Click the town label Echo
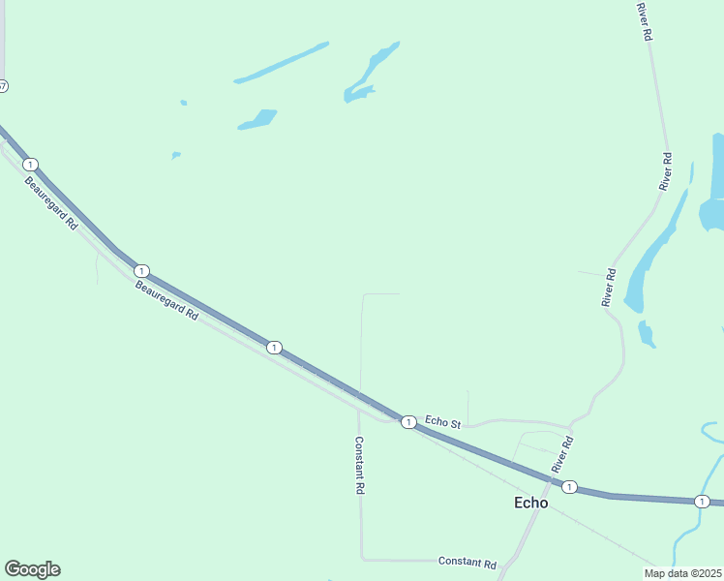click(x=530, y=503)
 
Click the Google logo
click(x=32, y=569)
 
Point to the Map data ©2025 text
click(x=682, y=573)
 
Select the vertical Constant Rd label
click(x=358, y=466)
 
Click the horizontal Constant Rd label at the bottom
click(x=467, y=563)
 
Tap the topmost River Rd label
click(x=644, y=21)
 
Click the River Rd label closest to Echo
click(x=562, y=454)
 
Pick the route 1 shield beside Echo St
click(x=409, y=421)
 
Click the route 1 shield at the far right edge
click(x=701, y=501)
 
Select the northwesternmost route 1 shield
click(x=30, y=164)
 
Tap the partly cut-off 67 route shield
click(x=3, y=86)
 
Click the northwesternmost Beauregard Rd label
click(x=51, y=202)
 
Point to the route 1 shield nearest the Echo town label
click(x=570, y=486)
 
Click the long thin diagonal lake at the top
click(x=282, y=61)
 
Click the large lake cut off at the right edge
click(x=714, y=184)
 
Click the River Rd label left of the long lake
click(x=609, y=288)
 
